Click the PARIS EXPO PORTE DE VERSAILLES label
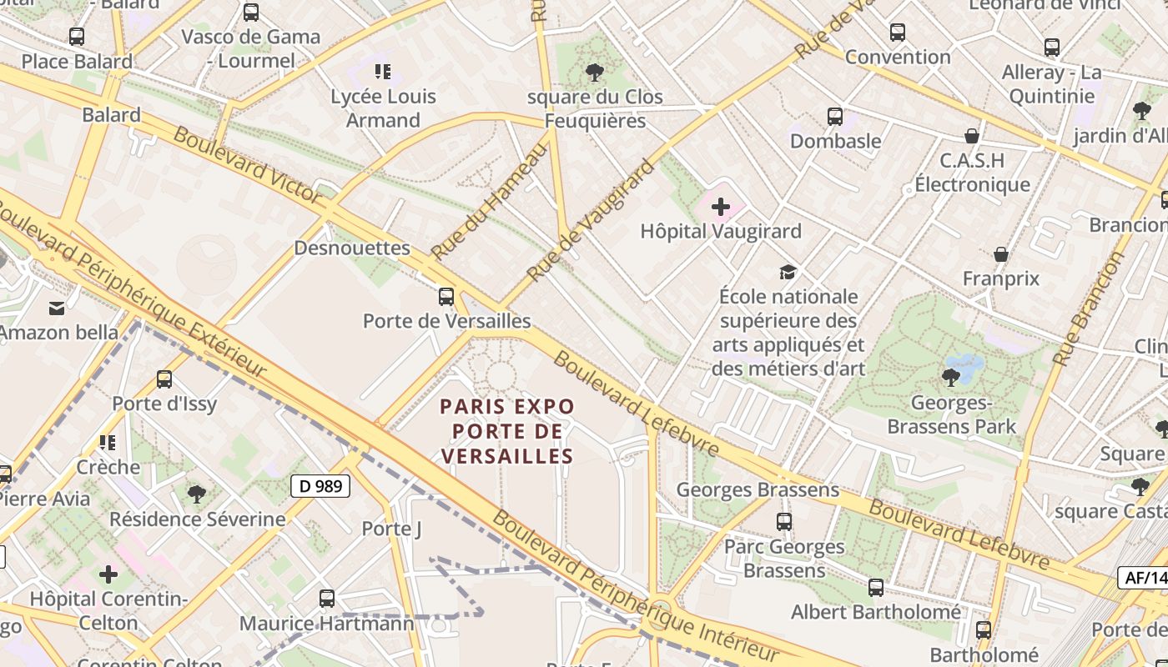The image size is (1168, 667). tap(507, 431)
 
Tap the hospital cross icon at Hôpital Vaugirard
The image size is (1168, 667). tap(721, 206)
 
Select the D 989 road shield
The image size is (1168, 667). tap(320, 486)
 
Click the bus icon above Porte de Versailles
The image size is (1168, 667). tap(446, 296)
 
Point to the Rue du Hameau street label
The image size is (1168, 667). tap(489, 201)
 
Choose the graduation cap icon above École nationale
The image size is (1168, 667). tap(788, 272)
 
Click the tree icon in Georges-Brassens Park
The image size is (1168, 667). tap(950, 378)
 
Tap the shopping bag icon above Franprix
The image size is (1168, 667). tap(1001, 253)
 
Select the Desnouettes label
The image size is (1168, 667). tap(352, 248)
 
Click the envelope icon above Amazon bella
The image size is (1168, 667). tap(57, 308)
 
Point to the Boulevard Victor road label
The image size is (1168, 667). tap(247, 165)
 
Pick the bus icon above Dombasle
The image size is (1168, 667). tap(835, 117)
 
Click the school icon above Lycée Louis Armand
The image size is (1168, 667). tap(383, 72)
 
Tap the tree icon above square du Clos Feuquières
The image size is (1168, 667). tap(595, 73)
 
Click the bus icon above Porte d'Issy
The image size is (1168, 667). tap(164, 379)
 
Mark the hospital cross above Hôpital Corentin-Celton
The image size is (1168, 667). tap(108, 574)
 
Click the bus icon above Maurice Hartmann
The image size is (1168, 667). tap(327, 598)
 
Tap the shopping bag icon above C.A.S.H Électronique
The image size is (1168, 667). tap(971, 136)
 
